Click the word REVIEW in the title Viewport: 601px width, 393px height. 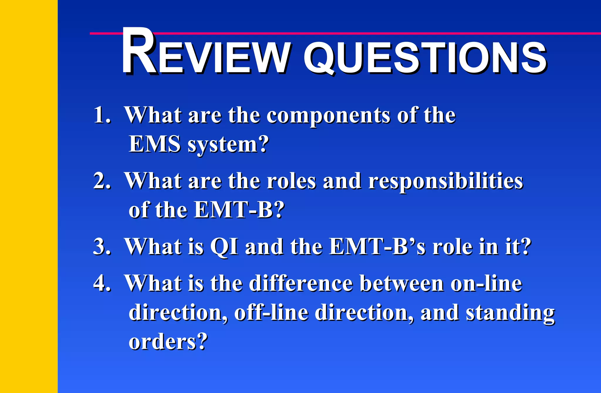pyautogui.click(x=205, y=53)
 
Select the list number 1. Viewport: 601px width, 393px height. pyautogui.click(x=102, y=115)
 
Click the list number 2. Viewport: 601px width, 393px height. pyautogui.click(x=102, y=181)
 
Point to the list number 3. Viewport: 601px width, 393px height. pyautogui.click(x=102, y=246)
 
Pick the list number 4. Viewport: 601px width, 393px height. pyautogui.click(x=102, y=283)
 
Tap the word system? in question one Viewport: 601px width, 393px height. pyautogui.click(x=228, y=145)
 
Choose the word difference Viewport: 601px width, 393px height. pyautogui.click(x=301, y=283)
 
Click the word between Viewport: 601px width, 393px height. pyautogui.click(x=402, y=283)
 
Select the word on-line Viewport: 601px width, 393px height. pyautogui.click(x=486, y=283)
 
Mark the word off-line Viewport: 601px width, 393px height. pyautogui.click(x=271, y=313)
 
